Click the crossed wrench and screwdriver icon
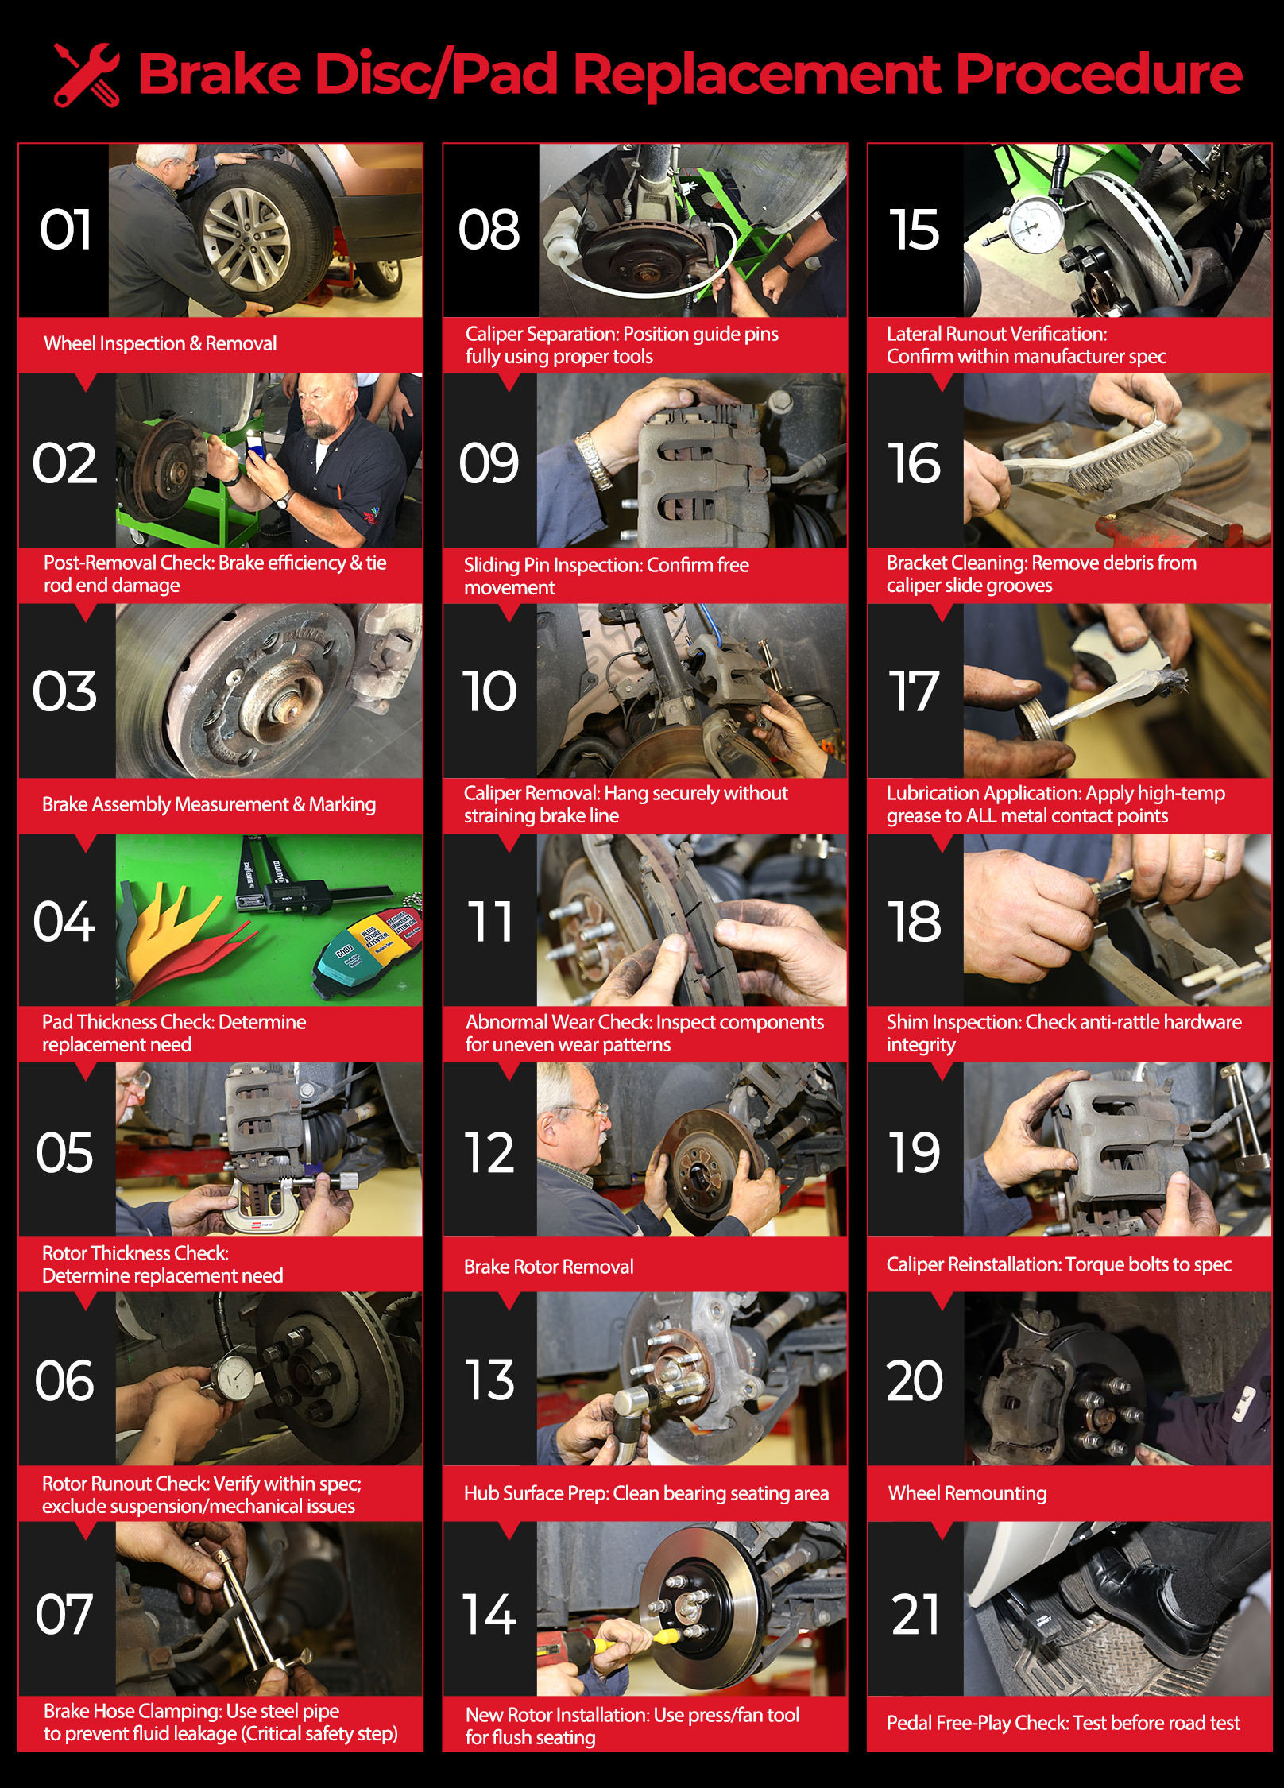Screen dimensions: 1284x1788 coord(87,75)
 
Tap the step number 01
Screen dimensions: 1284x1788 coord(66,230)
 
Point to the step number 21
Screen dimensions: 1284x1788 coord(915,1614)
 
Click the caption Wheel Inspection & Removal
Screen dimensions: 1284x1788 coord(160,343)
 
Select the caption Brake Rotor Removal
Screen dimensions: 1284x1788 coord(549,1266)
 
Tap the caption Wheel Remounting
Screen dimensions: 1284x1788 coord(967,1492)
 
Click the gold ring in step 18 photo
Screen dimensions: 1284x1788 coord(1213,854)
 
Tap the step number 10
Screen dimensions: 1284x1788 coord(489,691)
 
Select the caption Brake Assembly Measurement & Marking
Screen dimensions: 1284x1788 coord(209,804)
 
